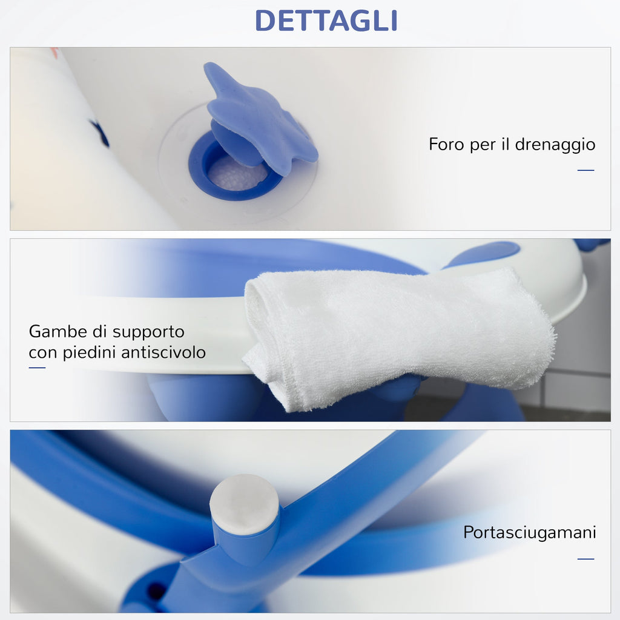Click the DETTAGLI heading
(x=326, y=21)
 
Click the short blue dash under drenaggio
(x=586, y=170)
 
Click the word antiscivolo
(x=163, y=352)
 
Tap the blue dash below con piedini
(x=37, y=368)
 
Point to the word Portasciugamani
(x=529, y=533)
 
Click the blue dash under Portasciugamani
(x=586, y=559)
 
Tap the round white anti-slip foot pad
(x=245, y=504)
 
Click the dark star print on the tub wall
(x=100, y=133)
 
